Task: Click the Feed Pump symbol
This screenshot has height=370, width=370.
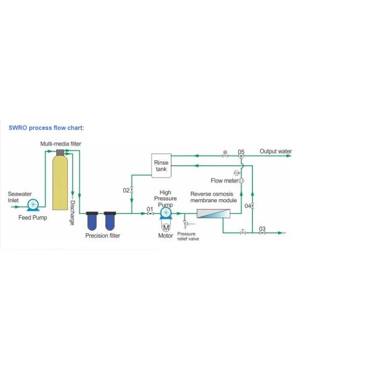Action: click(33, 205)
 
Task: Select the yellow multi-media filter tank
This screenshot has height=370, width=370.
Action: click(60, 182)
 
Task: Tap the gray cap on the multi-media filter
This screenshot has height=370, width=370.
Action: click(60, 152)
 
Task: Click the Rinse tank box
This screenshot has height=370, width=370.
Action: click(161, 166)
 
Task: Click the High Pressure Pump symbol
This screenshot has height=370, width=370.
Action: click(166, 213)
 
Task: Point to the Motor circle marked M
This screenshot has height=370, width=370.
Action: click(166, 228)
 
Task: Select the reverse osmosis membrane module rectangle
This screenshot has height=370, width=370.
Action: click(213, 213)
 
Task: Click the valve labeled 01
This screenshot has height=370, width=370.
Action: click(150, 213)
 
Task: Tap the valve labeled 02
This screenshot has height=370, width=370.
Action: click(132, 190)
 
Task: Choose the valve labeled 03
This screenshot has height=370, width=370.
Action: click(262, 233)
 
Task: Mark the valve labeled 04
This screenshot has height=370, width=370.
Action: click(252, 206)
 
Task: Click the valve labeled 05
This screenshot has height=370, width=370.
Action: click(241, 156)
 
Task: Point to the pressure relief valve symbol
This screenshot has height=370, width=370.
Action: click(186, 223)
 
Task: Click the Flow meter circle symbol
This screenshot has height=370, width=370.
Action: click(241, 181)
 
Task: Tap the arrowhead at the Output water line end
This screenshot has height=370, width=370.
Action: click(289, 156)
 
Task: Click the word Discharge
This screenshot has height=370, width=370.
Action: click(72, 213)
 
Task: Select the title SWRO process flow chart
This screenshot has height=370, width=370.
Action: click(46, 128)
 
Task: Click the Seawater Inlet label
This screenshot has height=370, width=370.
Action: click(20, 197)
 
